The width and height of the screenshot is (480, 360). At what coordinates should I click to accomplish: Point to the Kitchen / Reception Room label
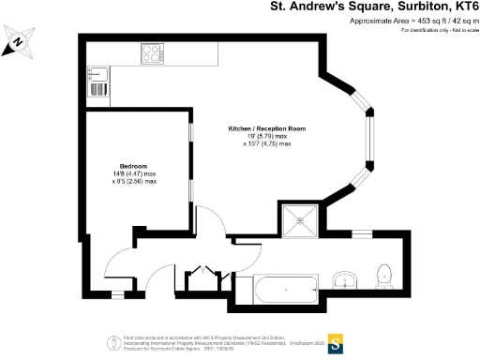267,127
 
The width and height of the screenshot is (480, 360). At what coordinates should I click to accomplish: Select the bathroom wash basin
345,279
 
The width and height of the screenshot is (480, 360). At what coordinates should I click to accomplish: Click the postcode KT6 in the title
458,7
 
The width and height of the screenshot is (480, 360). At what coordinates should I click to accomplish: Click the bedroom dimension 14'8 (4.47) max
136,173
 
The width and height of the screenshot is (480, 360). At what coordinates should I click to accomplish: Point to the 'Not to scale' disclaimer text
456,31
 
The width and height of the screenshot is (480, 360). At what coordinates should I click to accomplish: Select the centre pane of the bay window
368,145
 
